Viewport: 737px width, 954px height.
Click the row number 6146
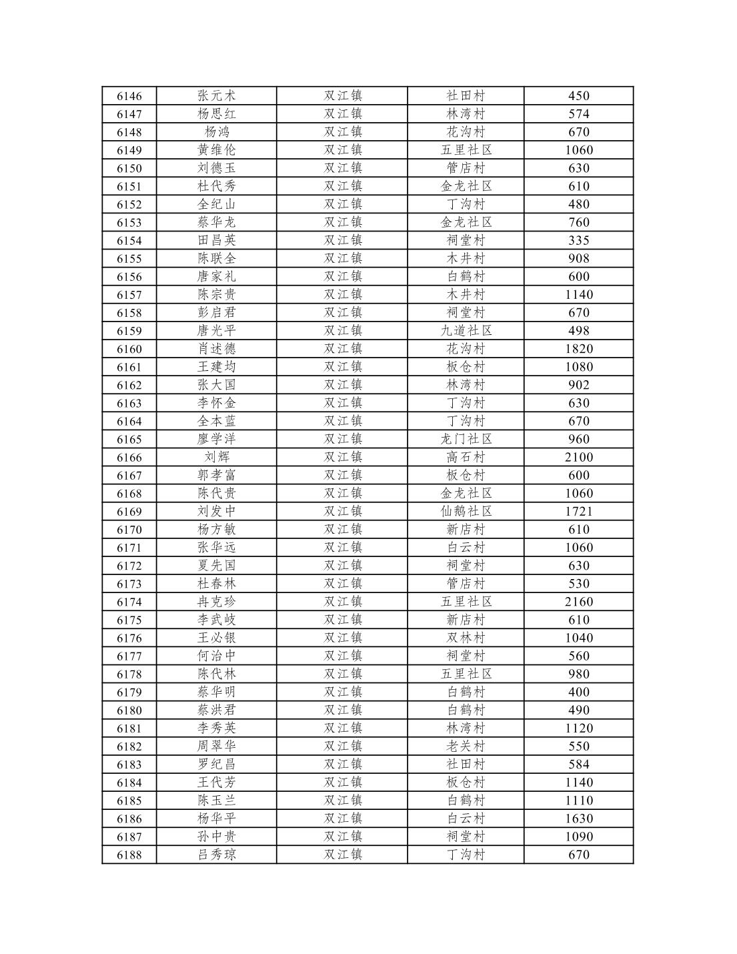click(129, 96)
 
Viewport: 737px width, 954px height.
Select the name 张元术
click(217, 96)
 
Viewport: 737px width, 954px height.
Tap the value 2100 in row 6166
click(578, 458)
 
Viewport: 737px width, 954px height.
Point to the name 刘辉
click(217, 458)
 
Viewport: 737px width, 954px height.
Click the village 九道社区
click(466, 331)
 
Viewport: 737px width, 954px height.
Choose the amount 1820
click(578, 349)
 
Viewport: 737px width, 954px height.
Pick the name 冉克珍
click(217, 602)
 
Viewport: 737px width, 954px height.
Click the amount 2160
click(578, 602)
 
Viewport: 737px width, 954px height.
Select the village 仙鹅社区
click(466, 512)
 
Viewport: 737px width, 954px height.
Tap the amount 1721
click(578, 512)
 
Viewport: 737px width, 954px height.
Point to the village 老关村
click(466, 747)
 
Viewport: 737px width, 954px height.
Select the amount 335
click(578, 241)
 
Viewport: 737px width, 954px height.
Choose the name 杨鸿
click(217, 132)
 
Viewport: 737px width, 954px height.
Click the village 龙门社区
click(466, 440)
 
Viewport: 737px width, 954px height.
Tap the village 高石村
click(466, 458)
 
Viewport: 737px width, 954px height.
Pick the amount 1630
click(578, 819)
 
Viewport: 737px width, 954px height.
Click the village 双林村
click(466, 638)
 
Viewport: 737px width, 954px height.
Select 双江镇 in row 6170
click(343, 530)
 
